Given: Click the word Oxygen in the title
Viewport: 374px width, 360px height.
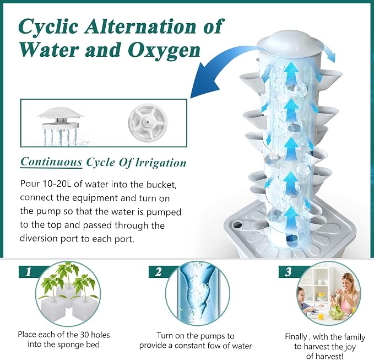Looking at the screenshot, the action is [164, 51].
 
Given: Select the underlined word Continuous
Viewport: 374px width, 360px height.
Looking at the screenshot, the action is [51, 162].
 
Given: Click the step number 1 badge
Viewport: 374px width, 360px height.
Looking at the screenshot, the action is [29, 272].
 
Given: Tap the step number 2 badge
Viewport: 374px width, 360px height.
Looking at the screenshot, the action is [159, 272].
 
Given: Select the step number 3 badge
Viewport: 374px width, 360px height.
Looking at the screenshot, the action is [289, 272].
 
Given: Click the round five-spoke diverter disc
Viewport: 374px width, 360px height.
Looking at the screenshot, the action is [148, 123].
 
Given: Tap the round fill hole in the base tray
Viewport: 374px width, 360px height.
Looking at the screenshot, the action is [238, 224].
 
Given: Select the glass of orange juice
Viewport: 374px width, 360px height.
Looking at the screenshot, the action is [321, 316].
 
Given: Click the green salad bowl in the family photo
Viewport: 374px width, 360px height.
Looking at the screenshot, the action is [337, 313].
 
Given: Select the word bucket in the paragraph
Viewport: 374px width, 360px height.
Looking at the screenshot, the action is [161, 184].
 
